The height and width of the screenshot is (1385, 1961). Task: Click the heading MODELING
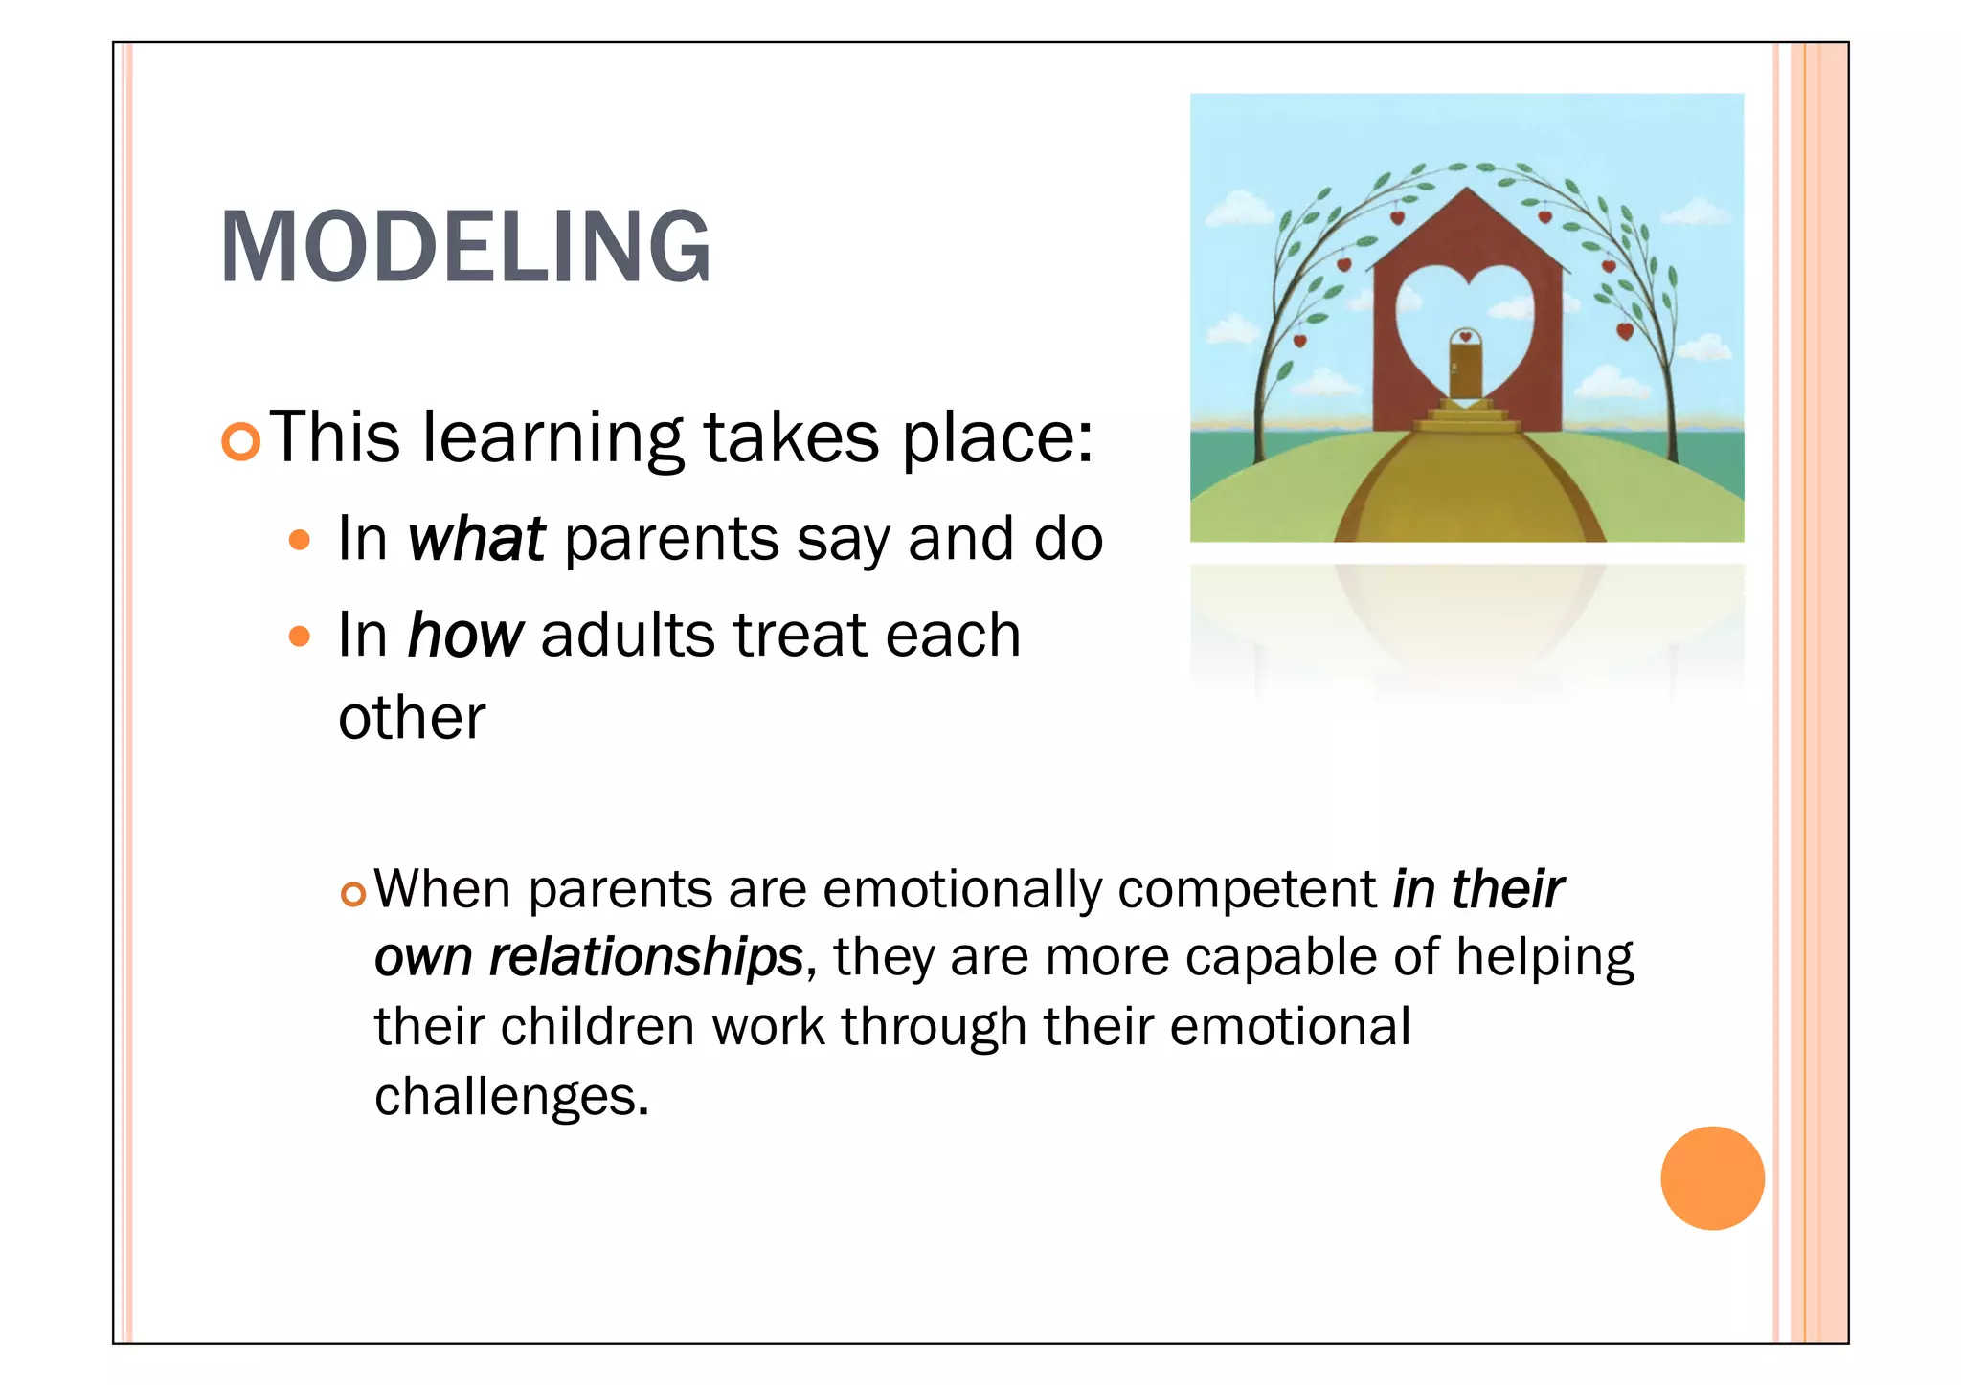click(x=465, y=247)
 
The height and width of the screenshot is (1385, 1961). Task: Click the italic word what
click(x=476, y=539)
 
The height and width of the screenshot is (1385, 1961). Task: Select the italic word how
click(x=465, y=636)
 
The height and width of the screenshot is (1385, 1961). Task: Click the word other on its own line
click(x=412, y=718)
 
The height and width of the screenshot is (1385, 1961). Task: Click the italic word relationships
click(x=645, y=958)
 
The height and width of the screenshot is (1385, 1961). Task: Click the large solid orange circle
click(x=1712, y=1177)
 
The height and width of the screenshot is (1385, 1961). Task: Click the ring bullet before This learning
click(x=240, y=441)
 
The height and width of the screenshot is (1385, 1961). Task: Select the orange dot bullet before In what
click(x=300, y=541)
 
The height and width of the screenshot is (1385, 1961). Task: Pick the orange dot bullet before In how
click(x=300, y=637)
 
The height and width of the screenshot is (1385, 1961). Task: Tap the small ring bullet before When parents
click(x=353, y=895)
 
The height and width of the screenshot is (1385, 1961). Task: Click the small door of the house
click(x=1465, y=369)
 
